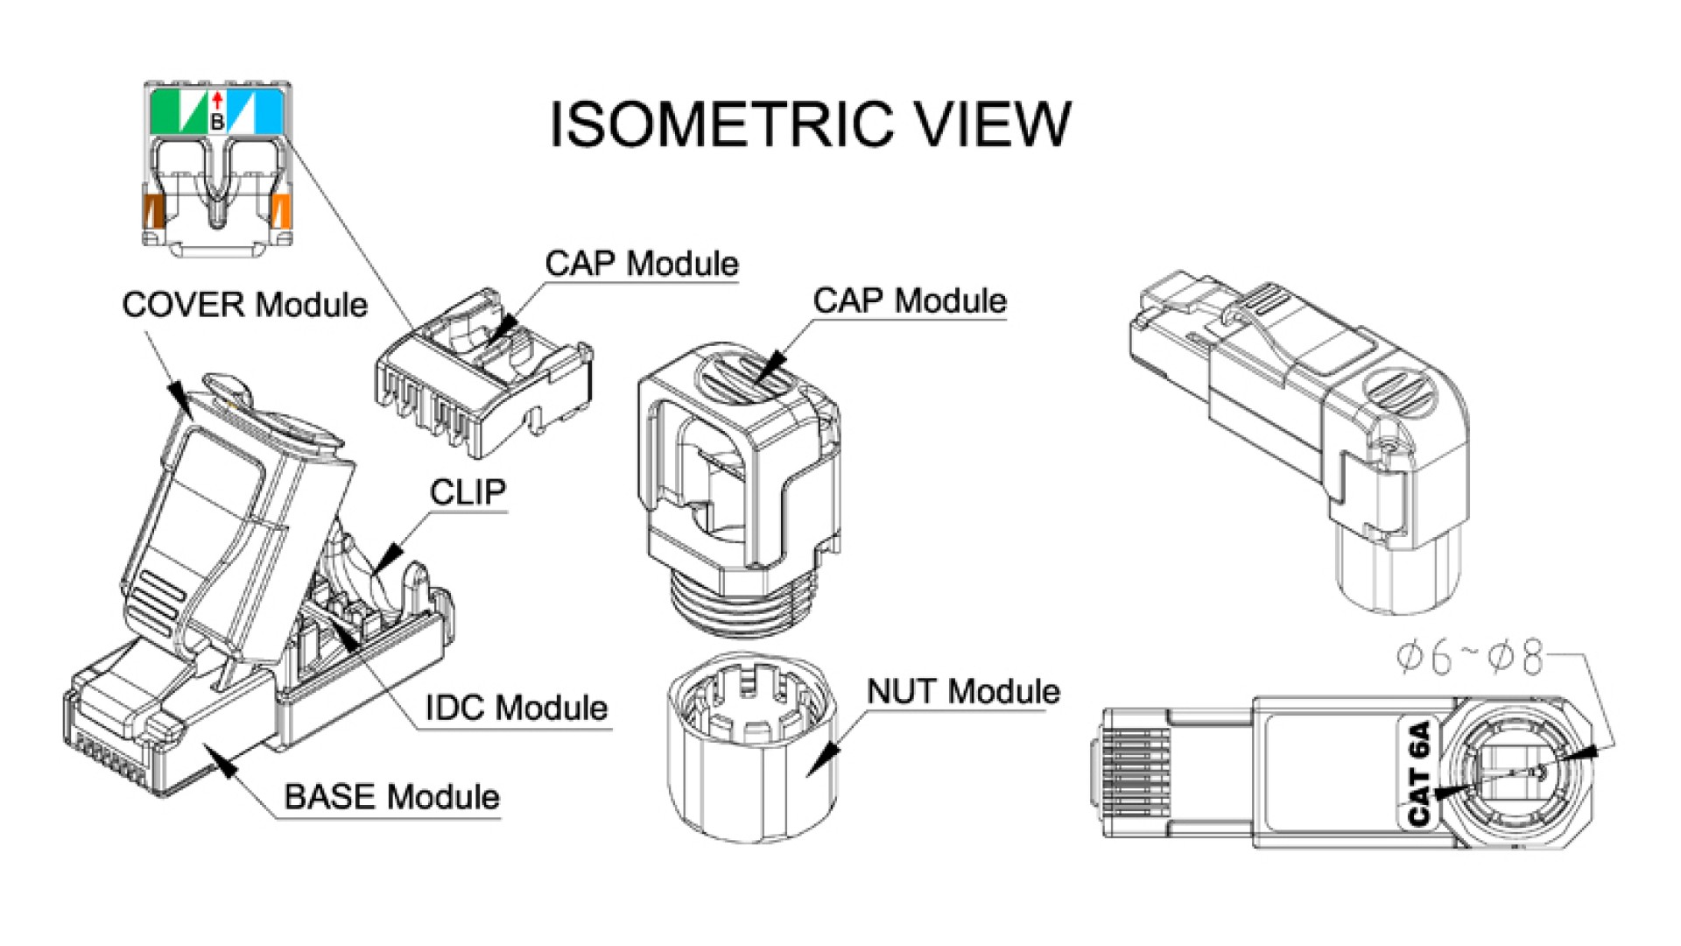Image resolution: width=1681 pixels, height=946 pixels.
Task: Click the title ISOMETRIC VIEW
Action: click(x=810, y=124)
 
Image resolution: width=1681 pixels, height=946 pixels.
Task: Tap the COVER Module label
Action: click(x=244, y=305)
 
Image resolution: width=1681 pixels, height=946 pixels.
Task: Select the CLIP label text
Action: click(x=468, y=492)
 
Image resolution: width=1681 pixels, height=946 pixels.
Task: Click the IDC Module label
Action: click(x=517, y=708)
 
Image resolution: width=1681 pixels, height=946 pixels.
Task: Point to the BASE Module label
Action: click(x=391, y=797)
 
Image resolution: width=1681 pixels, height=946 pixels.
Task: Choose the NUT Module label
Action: click(x=963, y=692)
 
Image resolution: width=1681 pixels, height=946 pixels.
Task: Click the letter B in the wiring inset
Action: click(x=217, y=124)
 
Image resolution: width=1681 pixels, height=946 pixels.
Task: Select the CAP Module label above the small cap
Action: click(x=642, y=264)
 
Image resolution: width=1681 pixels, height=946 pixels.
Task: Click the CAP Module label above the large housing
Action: click(x=910, y=300)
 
